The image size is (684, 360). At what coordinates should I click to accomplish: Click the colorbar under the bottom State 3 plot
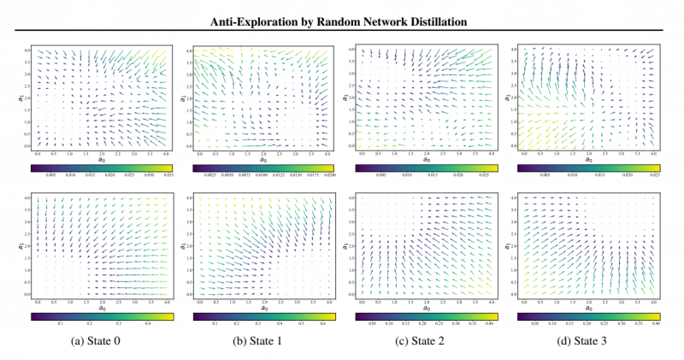(588, 316)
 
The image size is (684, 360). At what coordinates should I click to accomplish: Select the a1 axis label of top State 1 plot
(182, 100)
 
